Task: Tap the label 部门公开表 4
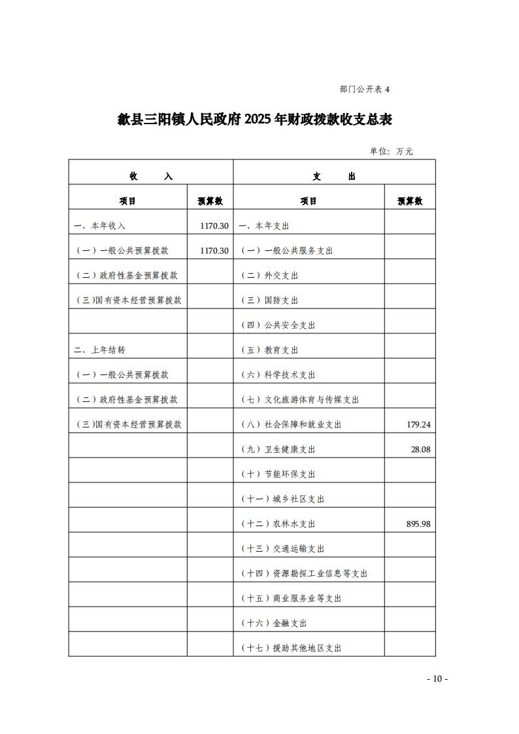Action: coord(364,90)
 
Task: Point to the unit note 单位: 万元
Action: coord(391,151)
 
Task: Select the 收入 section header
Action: coord(151,176)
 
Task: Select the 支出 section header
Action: coord(334,176)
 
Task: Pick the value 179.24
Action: coord(418,424)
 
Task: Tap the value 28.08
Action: coord(420,449)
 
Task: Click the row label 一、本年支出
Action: coord(263,225)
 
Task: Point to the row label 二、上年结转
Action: coord(99,350)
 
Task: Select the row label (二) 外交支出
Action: coord(269,275)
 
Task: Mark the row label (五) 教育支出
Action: coord(269,350)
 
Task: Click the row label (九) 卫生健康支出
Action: coord(278,449)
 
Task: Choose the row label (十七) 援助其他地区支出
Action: coord(291,648)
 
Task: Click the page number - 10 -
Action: coord(437,678)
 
